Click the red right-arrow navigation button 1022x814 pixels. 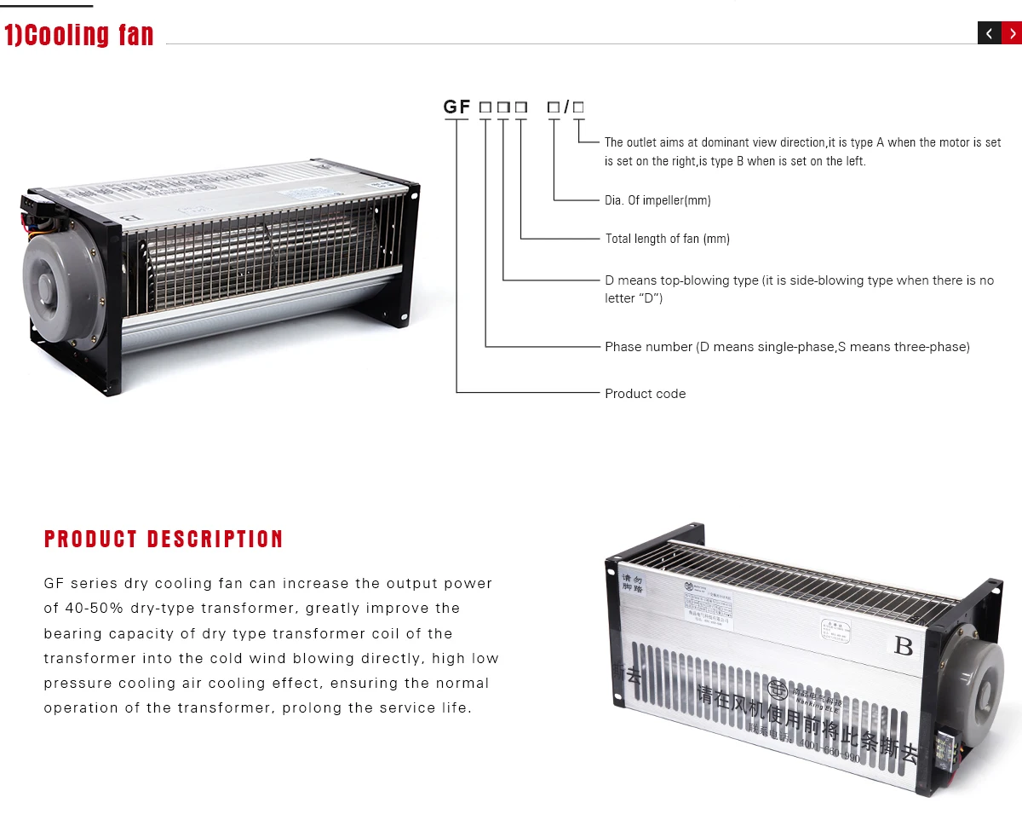tap(1011, 33)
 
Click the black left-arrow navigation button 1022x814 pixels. tap(989, 33)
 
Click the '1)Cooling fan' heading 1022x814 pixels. tap(79, 35)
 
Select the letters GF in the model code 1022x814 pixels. tap(456, 107)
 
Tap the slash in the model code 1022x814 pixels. tap(566, 107)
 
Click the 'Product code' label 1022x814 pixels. tap(645, 394)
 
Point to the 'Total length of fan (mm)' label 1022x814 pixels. tap(667, 239)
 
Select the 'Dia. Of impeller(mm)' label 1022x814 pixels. tap(657, 200)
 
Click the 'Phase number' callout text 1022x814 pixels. tap(648, 347)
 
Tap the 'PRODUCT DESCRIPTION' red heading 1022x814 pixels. tap(164, 540)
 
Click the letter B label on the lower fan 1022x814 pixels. tap(904, 646)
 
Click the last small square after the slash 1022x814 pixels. tap(578, 107)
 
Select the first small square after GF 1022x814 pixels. tap(485, 107)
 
